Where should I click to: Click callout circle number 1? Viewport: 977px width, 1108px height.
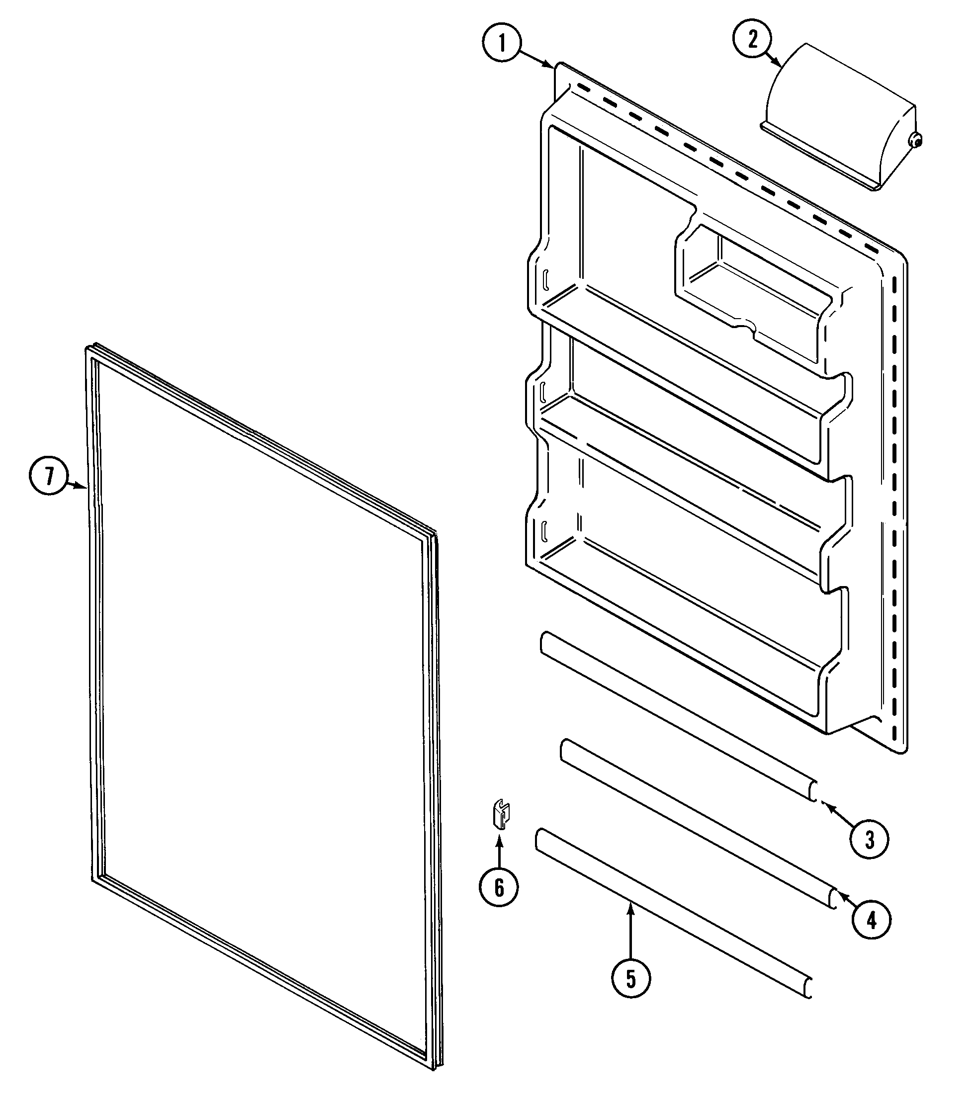502,43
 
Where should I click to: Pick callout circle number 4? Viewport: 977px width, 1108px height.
871,920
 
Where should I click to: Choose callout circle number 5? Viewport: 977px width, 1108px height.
630,978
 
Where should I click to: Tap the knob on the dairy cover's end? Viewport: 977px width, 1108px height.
916,140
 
